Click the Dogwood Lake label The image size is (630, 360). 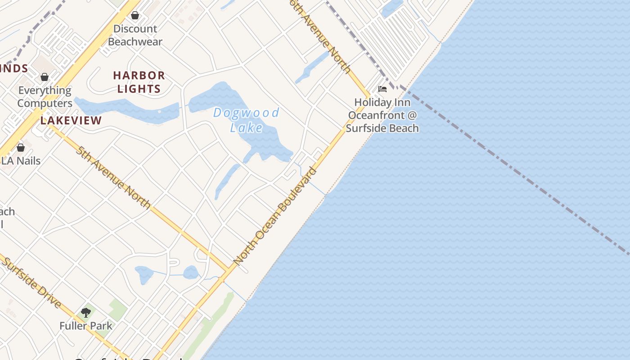(246, 120)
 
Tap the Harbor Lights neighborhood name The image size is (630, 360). (139, 82)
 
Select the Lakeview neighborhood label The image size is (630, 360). (71, 121)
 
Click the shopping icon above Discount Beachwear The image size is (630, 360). (135, 16)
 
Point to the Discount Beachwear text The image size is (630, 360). (135, 36)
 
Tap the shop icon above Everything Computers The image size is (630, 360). (44, 77)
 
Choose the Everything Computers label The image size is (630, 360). (45, 97)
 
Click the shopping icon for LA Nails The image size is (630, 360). (20, 148)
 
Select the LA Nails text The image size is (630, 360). (21, 161)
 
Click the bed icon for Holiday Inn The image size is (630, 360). (382, 89)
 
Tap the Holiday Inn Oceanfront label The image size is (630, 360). (382, 115)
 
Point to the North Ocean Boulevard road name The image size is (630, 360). (275, 216)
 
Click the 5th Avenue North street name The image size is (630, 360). (113, 178)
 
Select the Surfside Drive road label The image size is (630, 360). (31, 282)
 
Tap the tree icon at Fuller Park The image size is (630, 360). (85, 312)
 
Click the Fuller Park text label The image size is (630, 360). (86, 325)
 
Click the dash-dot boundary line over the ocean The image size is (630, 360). (517, 171)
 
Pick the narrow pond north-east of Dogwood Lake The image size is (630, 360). (313, 67)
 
